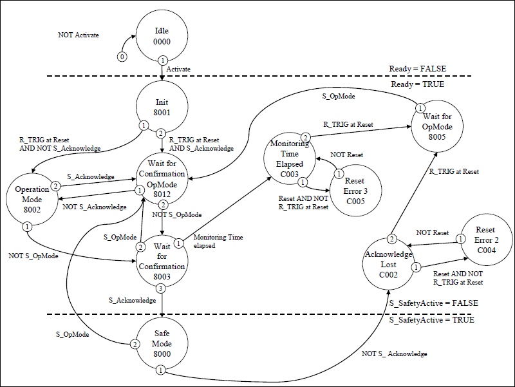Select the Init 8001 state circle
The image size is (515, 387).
(x=162, y=107)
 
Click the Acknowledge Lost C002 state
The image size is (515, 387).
(x=388, y=265)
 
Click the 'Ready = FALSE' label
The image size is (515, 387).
(x=417, y=68)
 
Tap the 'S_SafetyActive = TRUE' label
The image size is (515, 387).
(x=432, y=320)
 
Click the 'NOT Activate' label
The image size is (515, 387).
(x=79, y=35)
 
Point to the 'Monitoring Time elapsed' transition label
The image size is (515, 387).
(x=218, y=241)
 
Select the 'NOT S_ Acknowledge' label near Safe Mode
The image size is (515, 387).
(x=395, y=354)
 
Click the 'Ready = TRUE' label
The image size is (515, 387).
(x=417, y=84)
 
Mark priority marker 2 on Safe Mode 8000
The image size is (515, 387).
(x=135, y=345)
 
